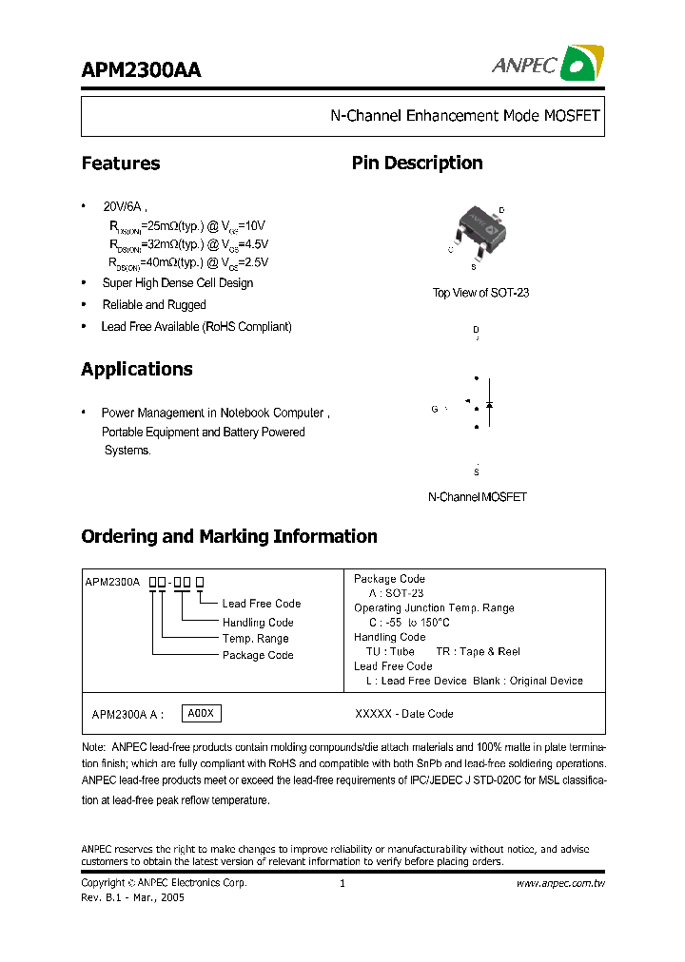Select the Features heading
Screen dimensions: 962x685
pos(121,164)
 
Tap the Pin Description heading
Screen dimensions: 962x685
pos(417,164)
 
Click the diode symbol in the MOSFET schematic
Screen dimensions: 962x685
pos(489,404)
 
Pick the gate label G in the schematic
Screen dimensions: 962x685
pos(434,409)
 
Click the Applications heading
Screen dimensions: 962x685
pos(137,369)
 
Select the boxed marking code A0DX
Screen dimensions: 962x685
pos(201,714)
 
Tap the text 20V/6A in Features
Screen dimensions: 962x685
pos(124,206)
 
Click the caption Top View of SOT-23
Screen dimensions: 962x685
pos(480,293)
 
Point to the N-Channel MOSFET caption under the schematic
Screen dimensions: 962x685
pos(477,497)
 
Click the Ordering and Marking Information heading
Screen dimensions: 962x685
pos(229,536)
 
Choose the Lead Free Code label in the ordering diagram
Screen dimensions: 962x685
pos(261,604)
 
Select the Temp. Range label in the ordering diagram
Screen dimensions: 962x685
pos(255,639)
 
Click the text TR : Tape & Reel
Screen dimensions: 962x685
pos(478,652)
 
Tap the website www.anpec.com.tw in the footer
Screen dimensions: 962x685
pos(560,883)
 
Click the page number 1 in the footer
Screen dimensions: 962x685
pos(342,883)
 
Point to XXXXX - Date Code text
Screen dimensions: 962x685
pos(403,714)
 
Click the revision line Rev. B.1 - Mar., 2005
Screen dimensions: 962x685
pos(132,897)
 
